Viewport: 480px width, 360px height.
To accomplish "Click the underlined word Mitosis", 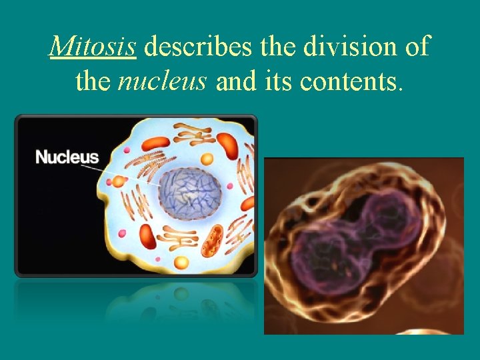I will (93, 47).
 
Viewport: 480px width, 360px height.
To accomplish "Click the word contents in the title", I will (351, 81).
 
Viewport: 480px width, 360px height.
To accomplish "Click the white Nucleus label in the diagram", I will (67, 158).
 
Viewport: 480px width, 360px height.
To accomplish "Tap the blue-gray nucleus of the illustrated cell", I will (189, 193).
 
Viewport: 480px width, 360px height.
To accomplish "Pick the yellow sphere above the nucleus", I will (207, 159).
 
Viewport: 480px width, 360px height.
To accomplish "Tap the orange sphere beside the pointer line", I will (119, 181).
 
